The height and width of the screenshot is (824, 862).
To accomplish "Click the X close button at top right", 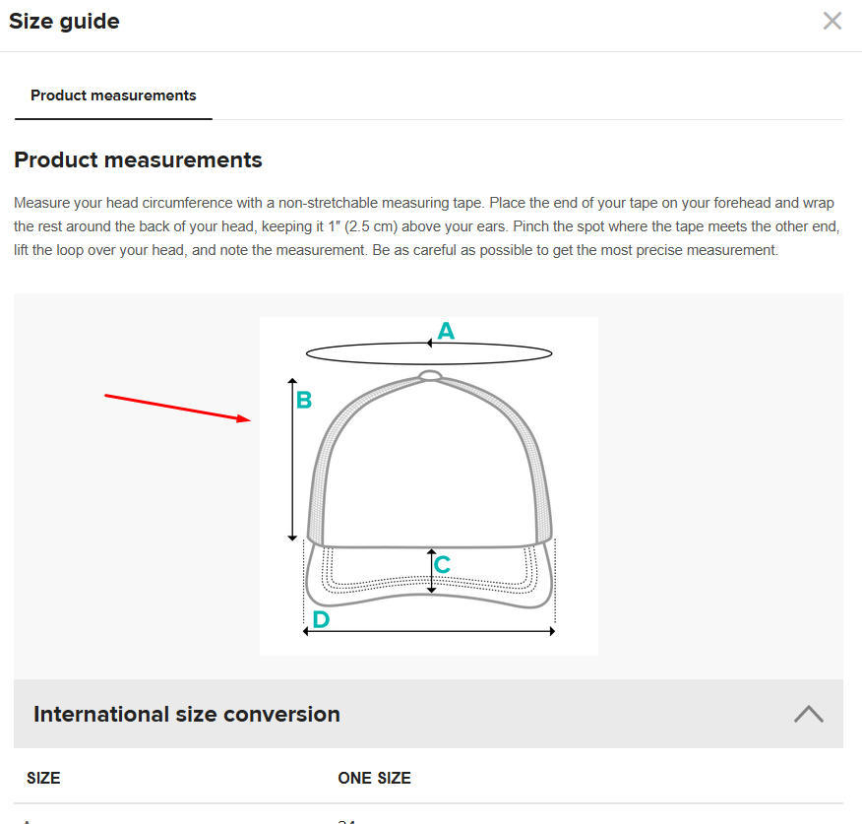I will [832, 21].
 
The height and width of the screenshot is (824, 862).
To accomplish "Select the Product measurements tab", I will [113, 95].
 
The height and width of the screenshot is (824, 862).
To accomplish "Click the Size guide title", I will [64, 21].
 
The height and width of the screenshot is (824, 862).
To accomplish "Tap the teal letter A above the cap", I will [446, 332].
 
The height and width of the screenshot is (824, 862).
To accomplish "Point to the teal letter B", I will [304, 401].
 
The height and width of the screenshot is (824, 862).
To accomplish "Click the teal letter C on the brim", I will [443, 565].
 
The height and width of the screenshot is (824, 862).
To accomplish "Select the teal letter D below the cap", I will [321, 620].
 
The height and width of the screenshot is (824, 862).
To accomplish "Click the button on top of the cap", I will [429, 374].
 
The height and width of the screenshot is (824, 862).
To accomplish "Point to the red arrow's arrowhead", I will [246, 419].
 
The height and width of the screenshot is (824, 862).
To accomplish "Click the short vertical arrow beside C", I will [431, 571].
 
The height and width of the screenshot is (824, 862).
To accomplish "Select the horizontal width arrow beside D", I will [429, 631].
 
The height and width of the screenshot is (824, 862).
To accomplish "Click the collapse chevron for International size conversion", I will [809, 714].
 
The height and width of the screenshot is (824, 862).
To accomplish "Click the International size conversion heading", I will [187, 714].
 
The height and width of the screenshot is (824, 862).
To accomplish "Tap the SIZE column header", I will [43, 778].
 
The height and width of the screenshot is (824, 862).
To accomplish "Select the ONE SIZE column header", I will [374, 778].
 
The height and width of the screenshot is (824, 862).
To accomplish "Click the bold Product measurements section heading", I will [138, 159].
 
